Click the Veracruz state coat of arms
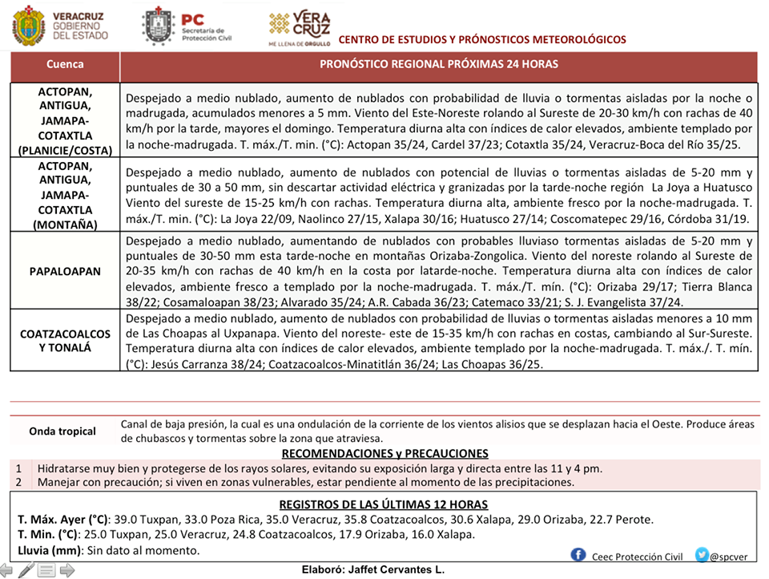click(29, 26)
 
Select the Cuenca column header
click(65, 64)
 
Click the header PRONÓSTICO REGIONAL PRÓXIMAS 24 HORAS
click(438, 64)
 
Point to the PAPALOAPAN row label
click(65, 272)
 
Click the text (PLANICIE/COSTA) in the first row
click(65, 149)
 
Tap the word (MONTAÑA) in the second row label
click(65, 225)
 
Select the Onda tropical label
click(62, 431)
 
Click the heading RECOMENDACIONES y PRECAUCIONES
click(384, 453)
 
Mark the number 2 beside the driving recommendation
click(18, 482)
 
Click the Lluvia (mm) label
click(49, 551)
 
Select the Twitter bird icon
click(702, 555)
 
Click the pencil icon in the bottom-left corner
click(26, 570)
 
